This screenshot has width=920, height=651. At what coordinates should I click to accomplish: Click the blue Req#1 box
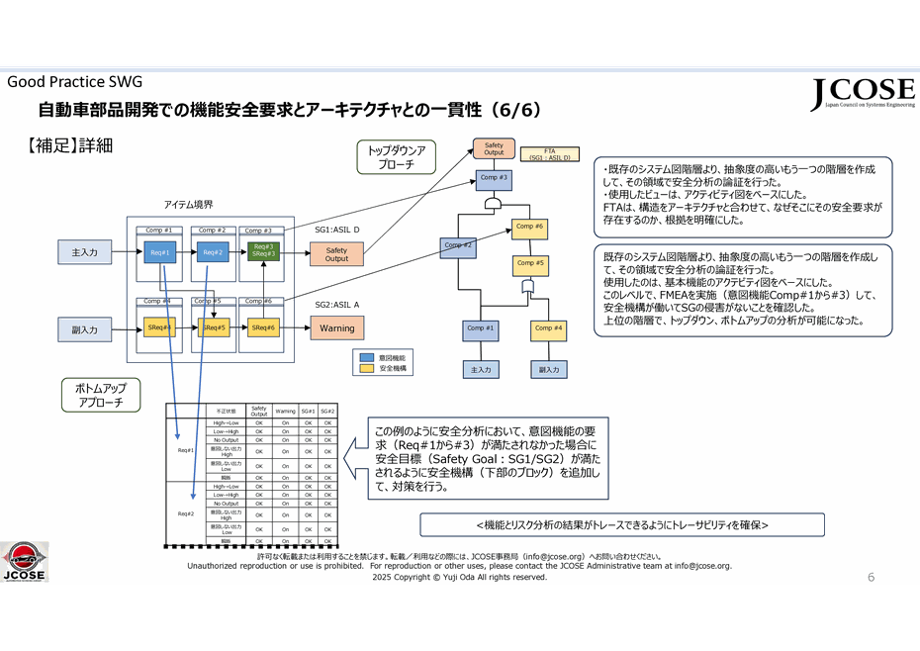[x=160, y=252]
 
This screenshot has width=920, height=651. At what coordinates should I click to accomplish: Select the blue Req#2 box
[x=213, y=252]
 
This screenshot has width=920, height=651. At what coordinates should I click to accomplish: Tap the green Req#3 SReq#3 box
[x=263, y=251]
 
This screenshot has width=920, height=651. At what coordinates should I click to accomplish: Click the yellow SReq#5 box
[x=214, y=327]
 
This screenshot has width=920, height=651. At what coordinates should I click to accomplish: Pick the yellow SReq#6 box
[x=263, y=327]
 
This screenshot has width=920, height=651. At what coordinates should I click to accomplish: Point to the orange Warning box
[x=336, y=327]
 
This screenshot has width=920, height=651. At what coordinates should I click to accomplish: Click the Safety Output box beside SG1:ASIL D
[x=336, y=254]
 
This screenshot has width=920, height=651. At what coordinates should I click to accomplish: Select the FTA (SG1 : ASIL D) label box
[x=549, y=153]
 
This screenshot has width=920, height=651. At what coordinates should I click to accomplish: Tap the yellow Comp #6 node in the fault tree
[x=531, y=227]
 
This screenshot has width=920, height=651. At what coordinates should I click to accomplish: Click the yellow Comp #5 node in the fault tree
[x=531, y=263]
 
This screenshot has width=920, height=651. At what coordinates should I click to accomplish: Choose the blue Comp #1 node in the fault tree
[x=482, y=328]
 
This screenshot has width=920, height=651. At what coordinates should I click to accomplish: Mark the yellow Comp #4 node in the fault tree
[x=549, y=328]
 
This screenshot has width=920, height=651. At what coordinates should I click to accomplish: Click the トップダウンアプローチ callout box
[x=396, y=158]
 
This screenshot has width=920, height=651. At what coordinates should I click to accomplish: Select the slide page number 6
[x=871, y=577]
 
